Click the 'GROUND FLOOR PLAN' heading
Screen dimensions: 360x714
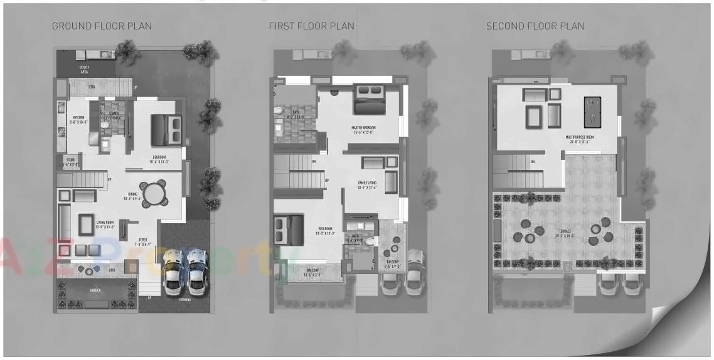(x=102, y=26)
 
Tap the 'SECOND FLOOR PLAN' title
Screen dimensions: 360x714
(x=535, y=26)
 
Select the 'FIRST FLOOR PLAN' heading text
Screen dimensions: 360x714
(x=311, y=26)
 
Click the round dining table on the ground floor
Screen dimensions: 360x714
(x=152, y=193)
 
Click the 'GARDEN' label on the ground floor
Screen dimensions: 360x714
(x=96, y=291)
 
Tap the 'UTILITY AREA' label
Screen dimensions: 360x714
(x=84, y=69)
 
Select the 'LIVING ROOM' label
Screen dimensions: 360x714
(x=105, y=222)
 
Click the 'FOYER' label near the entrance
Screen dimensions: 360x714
(x=143, y=240)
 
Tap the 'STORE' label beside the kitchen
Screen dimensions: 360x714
(x=70, y=160)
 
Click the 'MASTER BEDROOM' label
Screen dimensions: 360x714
(x=362, y=127)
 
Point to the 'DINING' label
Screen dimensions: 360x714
(x=132, y=194)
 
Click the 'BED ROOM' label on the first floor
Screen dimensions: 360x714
(x=325, y=229)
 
